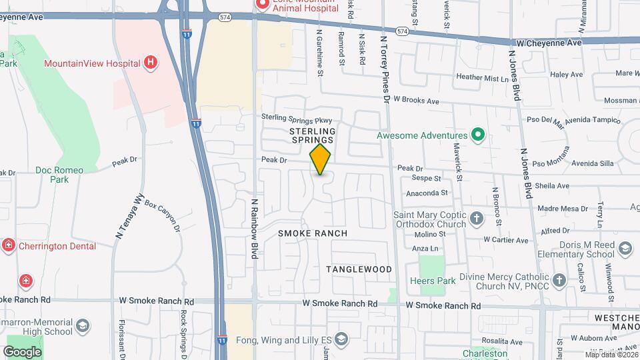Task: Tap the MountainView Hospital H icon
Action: click(x=151, y=63)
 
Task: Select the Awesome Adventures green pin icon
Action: click(x=477, y=135)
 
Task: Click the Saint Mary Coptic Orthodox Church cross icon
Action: click(x=477, y=218)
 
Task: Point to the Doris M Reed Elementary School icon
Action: click(x=625, y=249)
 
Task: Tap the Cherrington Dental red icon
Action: click(x=8, y=245)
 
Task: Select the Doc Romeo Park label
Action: click(x=60, y=175)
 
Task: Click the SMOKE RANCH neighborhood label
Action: click(x=313, y=233)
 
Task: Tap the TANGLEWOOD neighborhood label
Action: click(x=359, y=269)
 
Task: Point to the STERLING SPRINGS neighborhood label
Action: click(x=312, y=135)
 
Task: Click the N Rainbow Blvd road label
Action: click(x=254, y=228)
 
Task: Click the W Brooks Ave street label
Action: click(x=416, y=101)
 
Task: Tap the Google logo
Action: click(x=22, y=351)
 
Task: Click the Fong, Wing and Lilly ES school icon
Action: click(x=342, y=339)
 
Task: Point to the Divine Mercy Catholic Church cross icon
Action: click(x=560, y=281)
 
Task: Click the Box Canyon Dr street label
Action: click(x=163, y=217)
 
